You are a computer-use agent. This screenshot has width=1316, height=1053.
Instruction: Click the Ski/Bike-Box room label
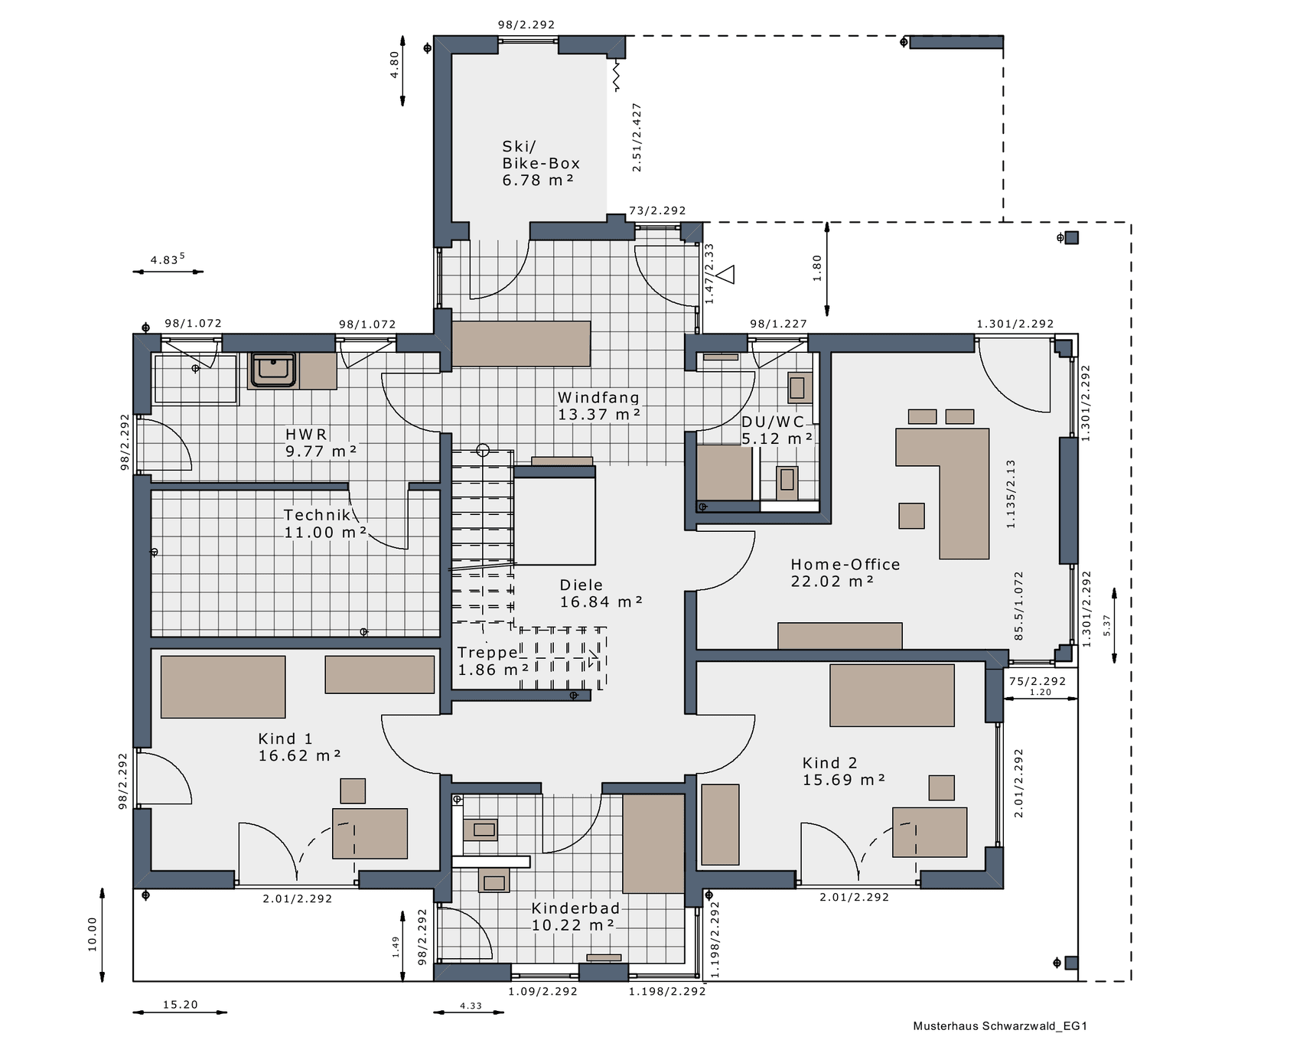pyautogui.click(x=540, y=163)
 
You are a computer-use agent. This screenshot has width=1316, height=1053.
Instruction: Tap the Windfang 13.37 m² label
pyautogui.click(x=598, y=406)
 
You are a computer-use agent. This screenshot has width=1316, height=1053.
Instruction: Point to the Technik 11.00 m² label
pyautogui.click(x=324, y=523)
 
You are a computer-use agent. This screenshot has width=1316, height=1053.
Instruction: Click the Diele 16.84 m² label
pyautogui.click(x=600, y=594)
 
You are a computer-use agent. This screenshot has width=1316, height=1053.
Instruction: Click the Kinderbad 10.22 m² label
pyautogui.click(x=575, y=917)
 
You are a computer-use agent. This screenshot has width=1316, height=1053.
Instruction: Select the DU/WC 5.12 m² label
pyautogui.click(x=776, y=430)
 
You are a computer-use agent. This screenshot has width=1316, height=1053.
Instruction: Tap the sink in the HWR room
pyautogui.click(x=273, y=370)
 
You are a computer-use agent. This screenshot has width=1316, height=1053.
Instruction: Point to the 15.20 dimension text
pyautogui.click(x=180, y=1005)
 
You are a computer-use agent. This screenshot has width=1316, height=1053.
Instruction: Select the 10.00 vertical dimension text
pyautogui.click(x=93, y=934)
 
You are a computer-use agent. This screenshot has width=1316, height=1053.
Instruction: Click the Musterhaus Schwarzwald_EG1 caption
pyautogui.click(x=999, y=1026)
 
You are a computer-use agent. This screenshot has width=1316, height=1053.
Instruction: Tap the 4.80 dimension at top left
pyautogui.click(x=394, y=64)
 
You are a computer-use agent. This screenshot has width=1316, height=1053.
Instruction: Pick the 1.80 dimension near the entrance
pyautogui.click(x=817, y=268)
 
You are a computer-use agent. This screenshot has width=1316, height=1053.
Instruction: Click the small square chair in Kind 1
pyautogui.click(x=353, y=791)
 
